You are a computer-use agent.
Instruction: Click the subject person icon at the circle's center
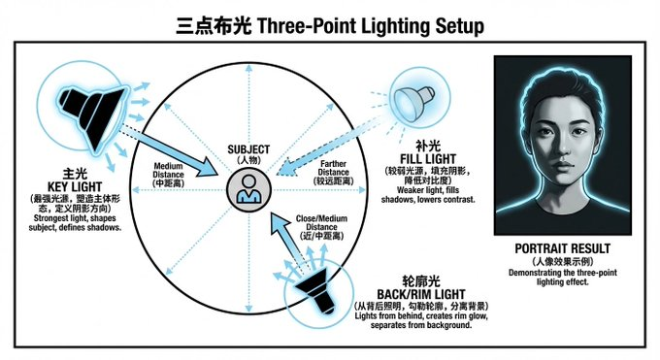(x=248, y=189)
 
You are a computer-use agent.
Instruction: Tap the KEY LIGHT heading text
(x=75, y=187)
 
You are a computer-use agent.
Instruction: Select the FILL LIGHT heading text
(x=428, y=159)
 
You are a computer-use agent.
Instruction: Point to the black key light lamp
(x=93, y=114)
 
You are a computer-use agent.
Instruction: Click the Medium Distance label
(x=168, y=175)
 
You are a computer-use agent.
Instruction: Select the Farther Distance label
(x=333, y=172)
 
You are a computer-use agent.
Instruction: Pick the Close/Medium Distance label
(x=321, y=227)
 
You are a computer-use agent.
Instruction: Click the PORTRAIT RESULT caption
(x=562, y=248)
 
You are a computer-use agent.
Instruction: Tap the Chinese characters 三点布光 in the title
(x=214, y=25)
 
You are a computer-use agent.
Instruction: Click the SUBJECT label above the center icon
(x=248, y=149)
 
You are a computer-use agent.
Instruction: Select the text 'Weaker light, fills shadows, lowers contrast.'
(x=428, y=195)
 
